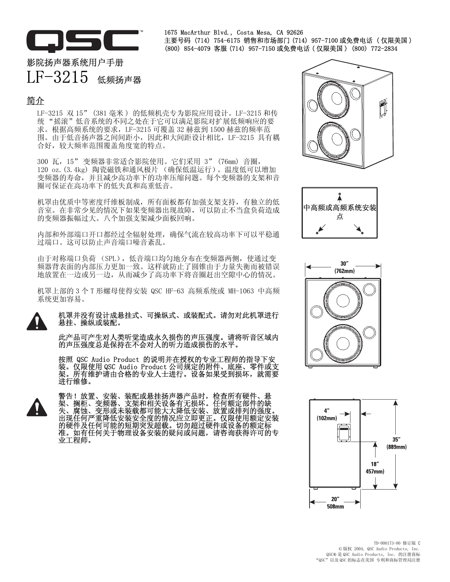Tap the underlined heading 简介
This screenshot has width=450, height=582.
tap(35, 101)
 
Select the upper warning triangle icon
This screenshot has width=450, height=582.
tap(36, 321)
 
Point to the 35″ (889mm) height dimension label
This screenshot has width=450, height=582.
tap(396, 443)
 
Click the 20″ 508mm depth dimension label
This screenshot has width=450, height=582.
tap(335, 503)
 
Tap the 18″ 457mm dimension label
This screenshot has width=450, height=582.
tap(374, 467)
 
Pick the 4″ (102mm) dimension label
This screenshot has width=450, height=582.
tap(326, 414)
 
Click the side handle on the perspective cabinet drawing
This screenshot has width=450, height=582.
tap(382, 108)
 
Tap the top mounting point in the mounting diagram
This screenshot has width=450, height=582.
tap(340, 194)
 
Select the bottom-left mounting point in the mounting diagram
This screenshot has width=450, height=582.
tap(317, 232)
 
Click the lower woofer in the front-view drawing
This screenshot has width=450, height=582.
tap(341, 344)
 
